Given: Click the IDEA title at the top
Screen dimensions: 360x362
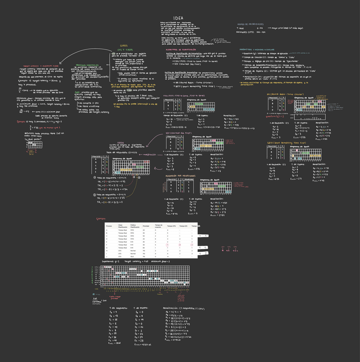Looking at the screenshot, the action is [178, 18].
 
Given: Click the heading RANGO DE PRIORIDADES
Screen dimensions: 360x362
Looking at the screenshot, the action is [249, 24].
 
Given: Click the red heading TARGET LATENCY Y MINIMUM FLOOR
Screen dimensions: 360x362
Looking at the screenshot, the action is [37, 66].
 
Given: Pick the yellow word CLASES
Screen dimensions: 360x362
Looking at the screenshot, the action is [124, 46].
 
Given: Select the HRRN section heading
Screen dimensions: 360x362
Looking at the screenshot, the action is [121, 142].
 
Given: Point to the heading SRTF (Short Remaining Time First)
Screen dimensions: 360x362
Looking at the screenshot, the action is [287, 143].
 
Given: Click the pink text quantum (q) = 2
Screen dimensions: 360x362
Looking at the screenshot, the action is [275, 116].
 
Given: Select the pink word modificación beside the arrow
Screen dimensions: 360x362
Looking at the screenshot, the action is [149, 155].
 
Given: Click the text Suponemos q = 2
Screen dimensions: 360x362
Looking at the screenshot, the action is [111, 261].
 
